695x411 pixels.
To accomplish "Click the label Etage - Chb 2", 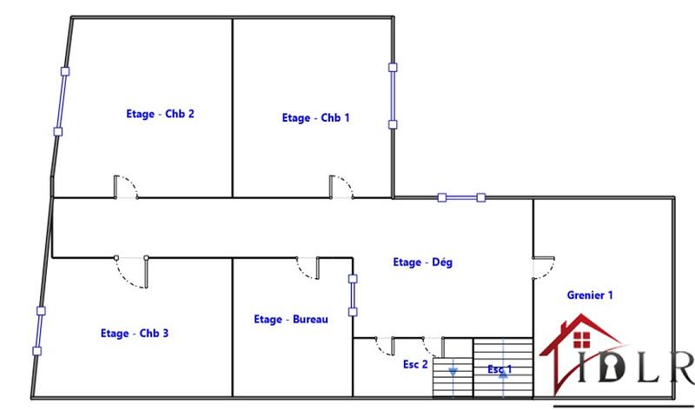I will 160,113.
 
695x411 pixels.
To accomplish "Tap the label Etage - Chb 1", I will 315,118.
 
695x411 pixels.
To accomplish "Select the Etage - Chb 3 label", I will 134,333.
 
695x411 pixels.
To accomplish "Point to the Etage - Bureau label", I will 290,320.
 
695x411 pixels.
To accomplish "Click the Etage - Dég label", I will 422,262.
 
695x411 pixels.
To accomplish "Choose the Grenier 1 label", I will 589,295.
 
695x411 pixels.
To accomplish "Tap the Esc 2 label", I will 415,365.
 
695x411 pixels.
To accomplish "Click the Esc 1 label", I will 499,369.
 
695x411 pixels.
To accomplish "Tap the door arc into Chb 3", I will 131,274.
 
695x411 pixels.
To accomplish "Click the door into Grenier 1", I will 544,268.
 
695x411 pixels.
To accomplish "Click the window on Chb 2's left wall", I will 61,101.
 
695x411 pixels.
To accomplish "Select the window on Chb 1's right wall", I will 393,96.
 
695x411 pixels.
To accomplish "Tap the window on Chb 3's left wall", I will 38,329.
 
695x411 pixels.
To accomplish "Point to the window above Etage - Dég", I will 461,198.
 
